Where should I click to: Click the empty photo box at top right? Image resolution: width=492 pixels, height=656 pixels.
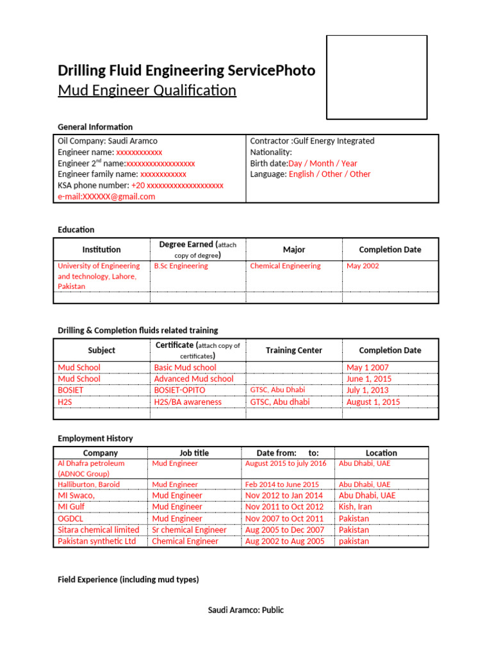coord(377,78)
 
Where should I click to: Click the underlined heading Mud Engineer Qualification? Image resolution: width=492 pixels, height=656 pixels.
coord(147,90)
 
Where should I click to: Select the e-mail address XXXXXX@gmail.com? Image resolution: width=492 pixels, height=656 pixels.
coord(106,197)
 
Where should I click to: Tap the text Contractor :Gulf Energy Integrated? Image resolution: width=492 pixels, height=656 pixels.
coord(312,141)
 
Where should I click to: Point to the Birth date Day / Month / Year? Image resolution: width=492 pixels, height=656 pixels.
coord(303,163)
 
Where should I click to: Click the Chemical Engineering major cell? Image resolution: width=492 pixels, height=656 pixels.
coord(285,266)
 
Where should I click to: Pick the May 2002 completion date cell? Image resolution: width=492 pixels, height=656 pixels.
coord(363,266)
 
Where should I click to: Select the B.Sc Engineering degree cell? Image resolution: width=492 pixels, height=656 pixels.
coord(181,266)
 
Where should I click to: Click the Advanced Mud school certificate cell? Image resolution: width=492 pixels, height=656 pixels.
coord(193,379)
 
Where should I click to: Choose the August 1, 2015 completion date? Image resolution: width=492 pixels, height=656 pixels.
coord(373,402)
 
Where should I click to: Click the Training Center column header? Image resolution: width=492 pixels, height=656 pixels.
coord(294,350)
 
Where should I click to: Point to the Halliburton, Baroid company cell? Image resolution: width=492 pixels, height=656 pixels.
coord(88,484)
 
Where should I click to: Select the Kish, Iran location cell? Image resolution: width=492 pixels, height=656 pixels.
coord(355,507)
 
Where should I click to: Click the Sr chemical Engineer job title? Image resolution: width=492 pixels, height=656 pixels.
coord(189,530)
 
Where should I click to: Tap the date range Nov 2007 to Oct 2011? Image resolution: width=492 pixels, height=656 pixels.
coord(284,518)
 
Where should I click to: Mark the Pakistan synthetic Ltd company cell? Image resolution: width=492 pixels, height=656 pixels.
coord(97,541)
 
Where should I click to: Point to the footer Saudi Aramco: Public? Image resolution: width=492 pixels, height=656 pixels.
coord(246,610)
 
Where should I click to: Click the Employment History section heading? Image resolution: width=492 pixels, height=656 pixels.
coord(95,439)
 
